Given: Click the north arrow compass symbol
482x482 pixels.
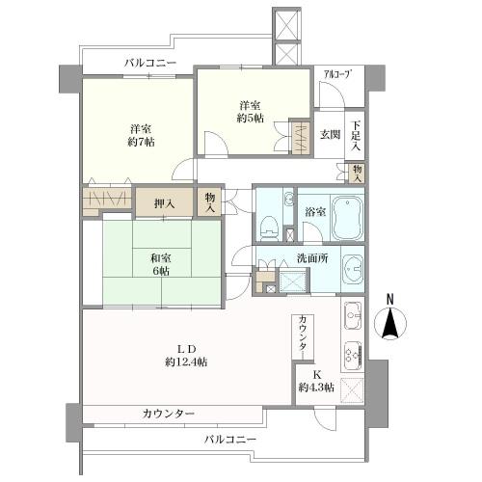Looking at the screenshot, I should click(391, 324).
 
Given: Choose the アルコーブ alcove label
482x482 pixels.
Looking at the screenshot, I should click(336, 73).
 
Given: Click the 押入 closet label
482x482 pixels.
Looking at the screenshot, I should click(165, 202).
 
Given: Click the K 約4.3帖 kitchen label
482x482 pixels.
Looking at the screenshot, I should click(315, 381).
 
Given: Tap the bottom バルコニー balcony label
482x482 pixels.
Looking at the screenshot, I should click(229, 439).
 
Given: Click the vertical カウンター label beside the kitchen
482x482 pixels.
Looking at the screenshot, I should click(303, 334).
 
